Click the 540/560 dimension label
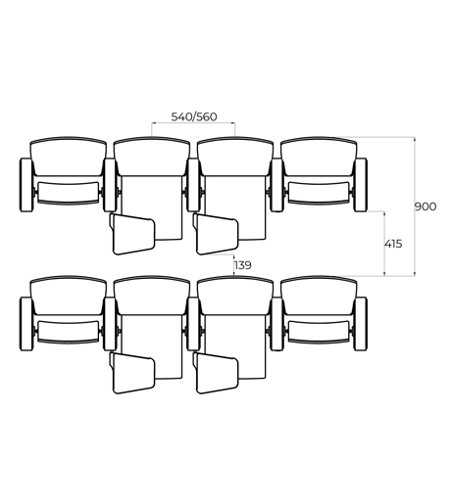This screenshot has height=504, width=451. (194, 116)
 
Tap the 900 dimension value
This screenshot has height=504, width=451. (426, 206)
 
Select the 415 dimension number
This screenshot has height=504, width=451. (393, 244)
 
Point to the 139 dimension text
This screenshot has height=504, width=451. (243, 265)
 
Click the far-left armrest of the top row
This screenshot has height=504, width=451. (26, 185)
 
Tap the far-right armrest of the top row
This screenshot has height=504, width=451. (361, 185)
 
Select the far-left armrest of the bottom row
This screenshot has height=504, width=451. (26, 324)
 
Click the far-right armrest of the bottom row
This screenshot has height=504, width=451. (361, 324)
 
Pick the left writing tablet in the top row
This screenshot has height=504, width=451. (133, 234)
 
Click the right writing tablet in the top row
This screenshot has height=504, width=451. (217, 234)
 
